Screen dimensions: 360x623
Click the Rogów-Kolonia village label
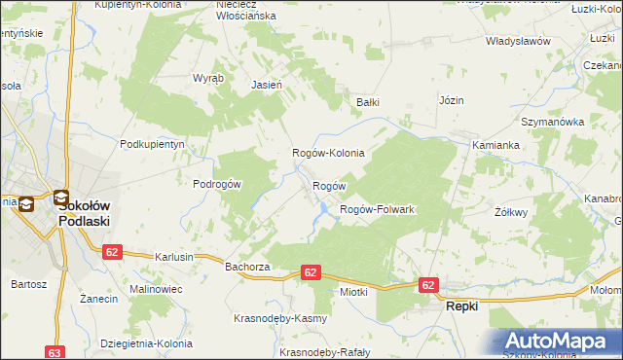click(328, 154)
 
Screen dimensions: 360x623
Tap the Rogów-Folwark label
click(378, 210)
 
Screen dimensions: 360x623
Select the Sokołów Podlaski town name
click(84, 213)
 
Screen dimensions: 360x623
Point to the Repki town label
click(461, 306)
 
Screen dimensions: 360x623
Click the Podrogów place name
click(216, 184)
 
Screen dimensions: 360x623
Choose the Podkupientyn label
click(152, 144)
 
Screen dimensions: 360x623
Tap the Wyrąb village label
click(208, 78)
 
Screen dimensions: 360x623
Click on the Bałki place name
click(367, 101)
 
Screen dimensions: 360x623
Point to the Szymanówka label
click(551, 122)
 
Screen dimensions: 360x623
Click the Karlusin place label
click(174, 257)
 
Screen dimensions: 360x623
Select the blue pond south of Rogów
click(319, 208)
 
